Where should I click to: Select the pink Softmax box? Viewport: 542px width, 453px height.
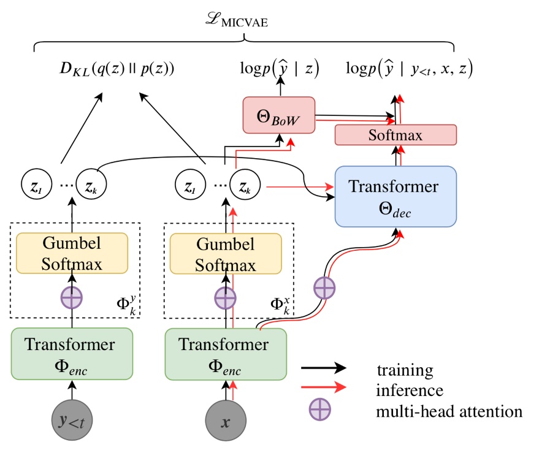click(x=395, y=135)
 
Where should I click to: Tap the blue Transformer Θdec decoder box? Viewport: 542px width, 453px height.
click(x=395, y=196)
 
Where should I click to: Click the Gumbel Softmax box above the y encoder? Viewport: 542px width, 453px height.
click(x=72, y=253)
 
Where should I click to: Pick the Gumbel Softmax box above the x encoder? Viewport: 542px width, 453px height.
click(x=225, y=253)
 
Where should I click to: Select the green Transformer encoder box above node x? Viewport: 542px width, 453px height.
click(x=225, y=354)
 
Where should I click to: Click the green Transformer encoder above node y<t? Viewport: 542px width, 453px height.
click(x=72, y=354)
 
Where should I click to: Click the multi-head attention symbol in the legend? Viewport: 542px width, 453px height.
click(x=323, y=411)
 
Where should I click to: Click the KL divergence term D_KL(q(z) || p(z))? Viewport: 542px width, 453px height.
click(x=116, y=69)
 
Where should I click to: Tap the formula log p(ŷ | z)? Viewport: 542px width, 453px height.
click(x=280, y=69)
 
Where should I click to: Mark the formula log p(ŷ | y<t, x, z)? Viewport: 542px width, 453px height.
click(x=410, y=69)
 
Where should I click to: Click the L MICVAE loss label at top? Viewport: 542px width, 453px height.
click(x=243, y=23)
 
